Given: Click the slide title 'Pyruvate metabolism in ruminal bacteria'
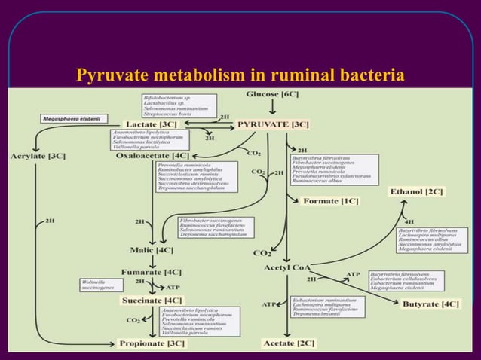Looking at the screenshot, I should pos(240,75).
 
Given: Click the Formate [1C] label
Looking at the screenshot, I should pos(330,201).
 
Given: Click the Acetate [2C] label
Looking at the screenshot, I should pos(287,343).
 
